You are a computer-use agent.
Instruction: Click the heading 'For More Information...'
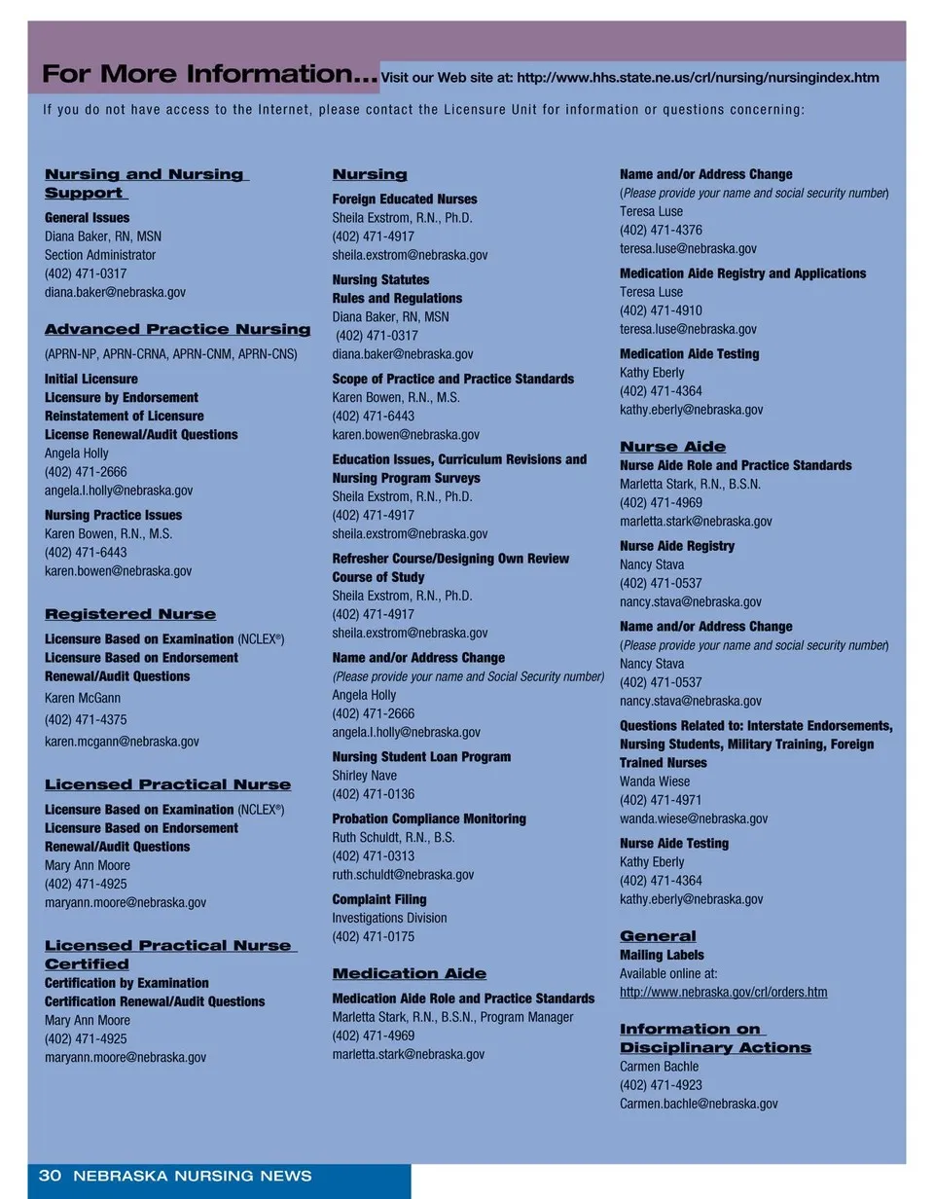click(209, 74)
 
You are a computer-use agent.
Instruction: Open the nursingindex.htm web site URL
click(698, 78)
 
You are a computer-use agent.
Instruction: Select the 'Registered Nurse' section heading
click(130, 614)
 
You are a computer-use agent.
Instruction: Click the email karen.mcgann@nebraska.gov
click(122, 742)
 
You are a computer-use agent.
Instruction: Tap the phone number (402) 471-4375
click(86, 720)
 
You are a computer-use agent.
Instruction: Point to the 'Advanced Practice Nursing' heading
click(178, 330)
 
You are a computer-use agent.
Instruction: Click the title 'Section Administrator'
click(100, 255)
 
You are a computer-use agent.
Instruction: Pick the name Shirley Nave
click(365, 776)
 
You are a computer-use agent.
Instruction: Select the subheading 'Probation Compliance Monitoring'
click(429, 819)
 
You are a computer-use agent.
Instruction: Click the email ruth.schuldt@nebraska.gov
click(404, 875)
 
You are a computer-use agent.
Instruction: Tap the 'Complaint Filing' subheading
click(379, 899)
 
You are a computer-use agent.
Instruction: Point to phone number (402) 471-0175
click(373, 937)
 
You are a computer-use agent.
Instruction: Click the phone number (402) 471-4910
click(661, 310)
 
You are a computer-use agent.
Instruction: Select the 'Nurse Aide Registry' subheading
click(677, 546)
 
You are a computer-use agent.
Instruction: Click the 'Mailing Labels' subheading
click(662, 956)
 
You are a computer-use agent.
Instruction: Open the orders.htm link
click(724, 993)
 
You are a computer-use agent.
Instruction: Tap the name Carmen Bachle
click(660, 1067)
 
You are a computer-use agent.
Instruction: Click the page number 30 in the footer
click(50, 1176)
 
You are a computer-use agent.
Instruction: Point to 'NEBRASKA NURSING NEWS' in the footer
click(193, 1176)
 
